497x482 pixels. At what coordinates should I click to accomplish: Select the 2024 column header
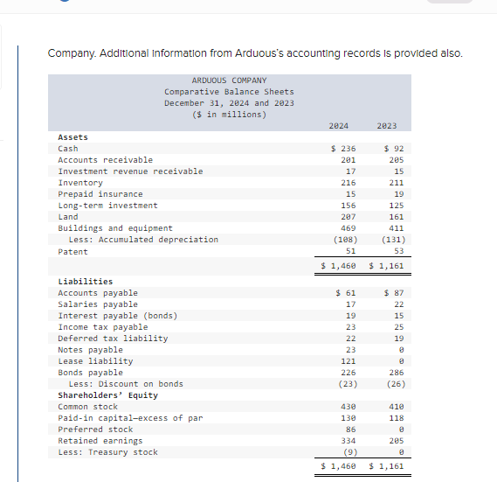point(339,126)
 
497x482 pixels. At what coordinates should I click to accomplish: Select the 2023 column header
point(387,126)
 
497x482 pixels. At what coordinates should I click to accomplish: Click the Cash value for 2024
point(342,149)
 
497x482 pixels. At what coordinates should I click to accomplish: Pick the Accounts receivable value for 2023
point(392,160)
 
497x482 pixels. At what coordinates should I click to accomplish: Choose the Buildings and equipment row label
point(115,228)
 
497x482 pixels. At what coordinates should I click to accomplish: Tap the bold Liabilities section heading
point(85,282)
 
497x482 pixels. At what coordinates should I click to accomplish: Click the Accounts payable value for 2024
point(346,293)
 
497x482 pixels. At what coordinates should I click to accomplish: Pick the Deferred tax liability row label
point(113,339)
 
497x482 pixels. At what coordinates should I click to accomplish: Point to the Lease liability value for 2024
point(348,361)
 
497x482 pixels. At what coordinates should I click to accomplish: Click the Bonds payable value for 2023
point(392,373)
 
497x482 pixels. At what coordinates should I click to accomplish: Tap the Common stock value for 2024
point(348,407)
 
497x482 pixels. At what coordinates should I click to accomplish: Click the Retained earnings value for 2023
point(392,441)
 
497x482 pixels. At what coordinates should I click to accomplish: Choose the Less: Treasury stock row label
point(107,452)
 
